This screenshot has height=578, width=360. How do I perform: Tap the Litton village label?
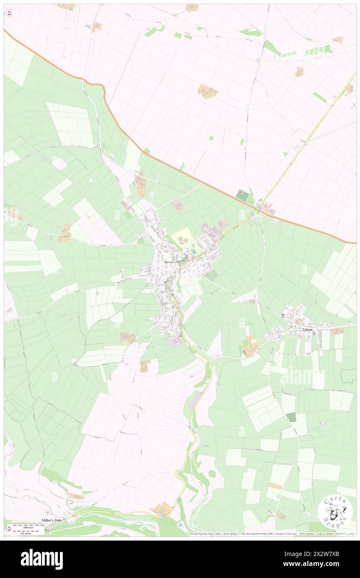click(308, 329)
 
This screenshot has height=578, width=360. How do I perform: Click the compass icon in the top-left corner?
click(9, 12)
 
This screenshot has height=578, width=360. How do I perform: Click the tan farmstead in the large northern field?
click(207, 91)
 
